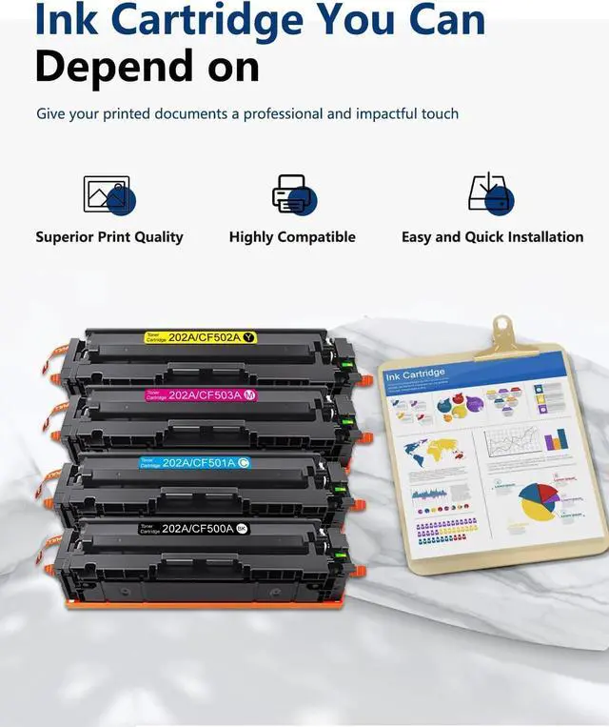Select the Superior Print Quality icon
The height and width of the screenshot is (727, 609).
[108, 195]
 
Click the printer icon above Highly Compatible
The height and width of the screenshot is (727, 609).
[292, 194]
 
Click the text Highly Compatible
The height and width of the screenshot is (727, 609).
[292, 237]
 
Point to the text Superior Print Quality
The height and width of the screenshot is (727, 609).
[109, 237]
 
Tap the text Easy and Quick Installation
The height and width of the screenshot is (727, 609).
[492, 237]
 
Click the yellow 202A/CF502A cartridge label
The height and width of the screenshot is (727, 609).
[200, 337]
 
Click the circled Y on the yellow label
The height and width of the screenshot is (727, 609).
[248, 337]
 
